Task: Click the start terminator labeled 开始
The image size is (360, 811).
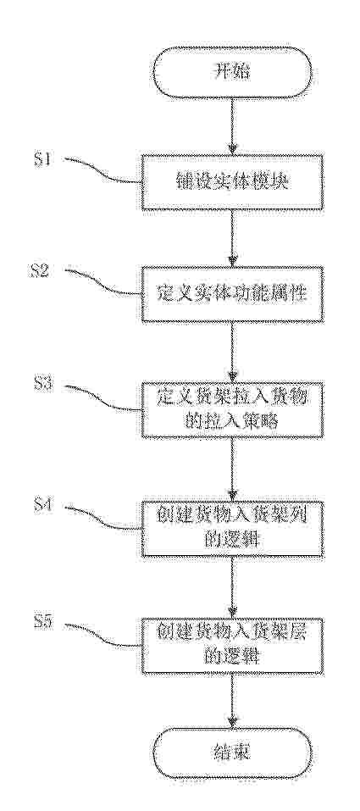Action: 232,72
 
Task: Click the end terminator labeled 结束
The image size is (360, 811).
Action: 232,753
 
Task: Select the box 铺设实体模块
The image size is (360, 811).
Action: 232,183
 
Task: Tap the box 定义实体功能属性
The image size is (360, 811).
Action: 232,294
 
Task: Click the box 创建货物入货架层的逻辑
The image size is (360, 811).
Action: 232,647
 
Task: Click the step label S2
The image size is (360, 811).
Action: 42,271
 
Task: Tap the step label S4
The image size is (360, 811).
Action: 42,505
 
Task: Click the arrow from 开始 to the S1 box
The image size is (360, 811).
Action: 232,127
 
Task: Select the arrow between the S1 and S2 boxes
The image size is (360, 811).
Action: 232,238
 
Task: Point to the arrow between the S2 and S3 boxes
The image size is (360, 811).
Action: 232,353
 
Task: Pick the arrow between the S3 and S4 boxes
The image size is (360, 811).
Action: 232,469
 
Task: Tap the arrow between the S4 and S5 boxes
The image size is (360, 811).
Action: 232,587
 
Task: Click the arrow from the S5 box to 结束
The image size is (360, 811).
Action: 232,701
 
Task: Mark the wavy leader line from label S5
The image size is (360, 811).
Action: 102,635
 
